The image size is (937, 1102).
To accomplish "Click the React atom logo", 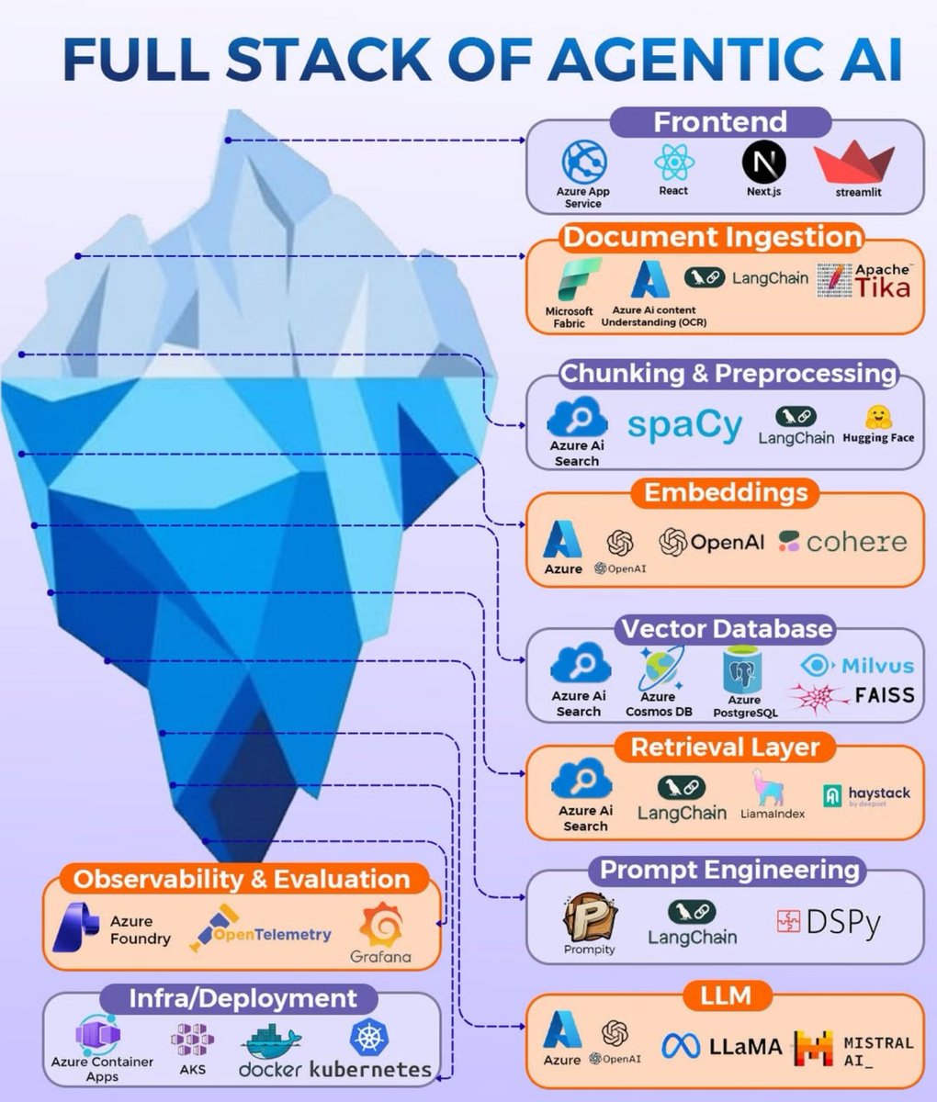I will tap(673, 163).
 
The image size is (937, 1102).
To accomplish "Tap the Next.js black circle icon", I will tap(763, 163).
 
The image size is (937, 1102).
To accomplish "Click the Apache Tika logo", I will tap(869, 282).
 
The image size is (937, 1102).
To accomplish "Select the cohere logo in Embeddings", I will tap(842, 541).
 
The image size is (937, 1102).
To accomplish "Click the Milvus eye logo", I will tap(815, 666).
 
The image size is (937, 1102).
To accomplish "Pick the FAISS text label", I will tap(884, 695).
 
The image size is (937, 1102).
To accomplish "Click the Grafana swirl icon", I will tap(380, 926).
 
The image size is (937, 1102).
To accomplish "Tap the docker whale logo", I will tap(270, 1043).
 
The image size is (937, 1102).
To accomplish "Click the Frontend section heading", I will tap(720, 122).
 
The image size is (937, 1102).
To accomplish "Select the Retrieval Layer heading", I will tap(724, 747).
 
